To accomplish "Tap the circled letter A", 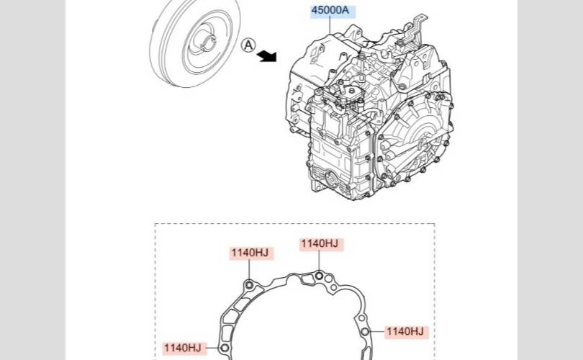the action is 248,45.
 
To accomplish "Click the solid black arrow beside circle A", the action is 267,56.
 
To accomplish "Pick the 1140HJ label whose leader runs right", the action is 406,332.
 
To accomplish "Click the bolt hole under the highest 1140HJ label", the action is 319,276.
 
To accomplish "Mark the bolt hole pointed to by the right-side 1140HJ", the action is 365,332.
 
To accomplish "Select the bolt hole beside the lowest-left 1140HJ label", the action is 224,348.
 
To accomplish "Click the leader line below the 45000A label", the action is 330,26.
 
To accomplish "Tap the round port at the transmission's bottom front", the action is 331,179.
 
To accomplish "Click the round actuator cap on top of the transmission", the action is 351,92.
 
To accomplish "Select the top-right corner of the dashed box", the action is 435,224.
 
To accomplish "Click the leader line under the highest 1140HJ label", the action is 319,261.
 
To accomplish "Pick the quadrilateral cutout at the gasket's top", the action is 307,279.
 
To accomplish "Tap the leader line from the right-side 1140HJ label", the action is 376,332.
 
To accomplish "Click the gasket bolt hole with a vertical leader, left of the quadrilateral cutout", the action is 250,285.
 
